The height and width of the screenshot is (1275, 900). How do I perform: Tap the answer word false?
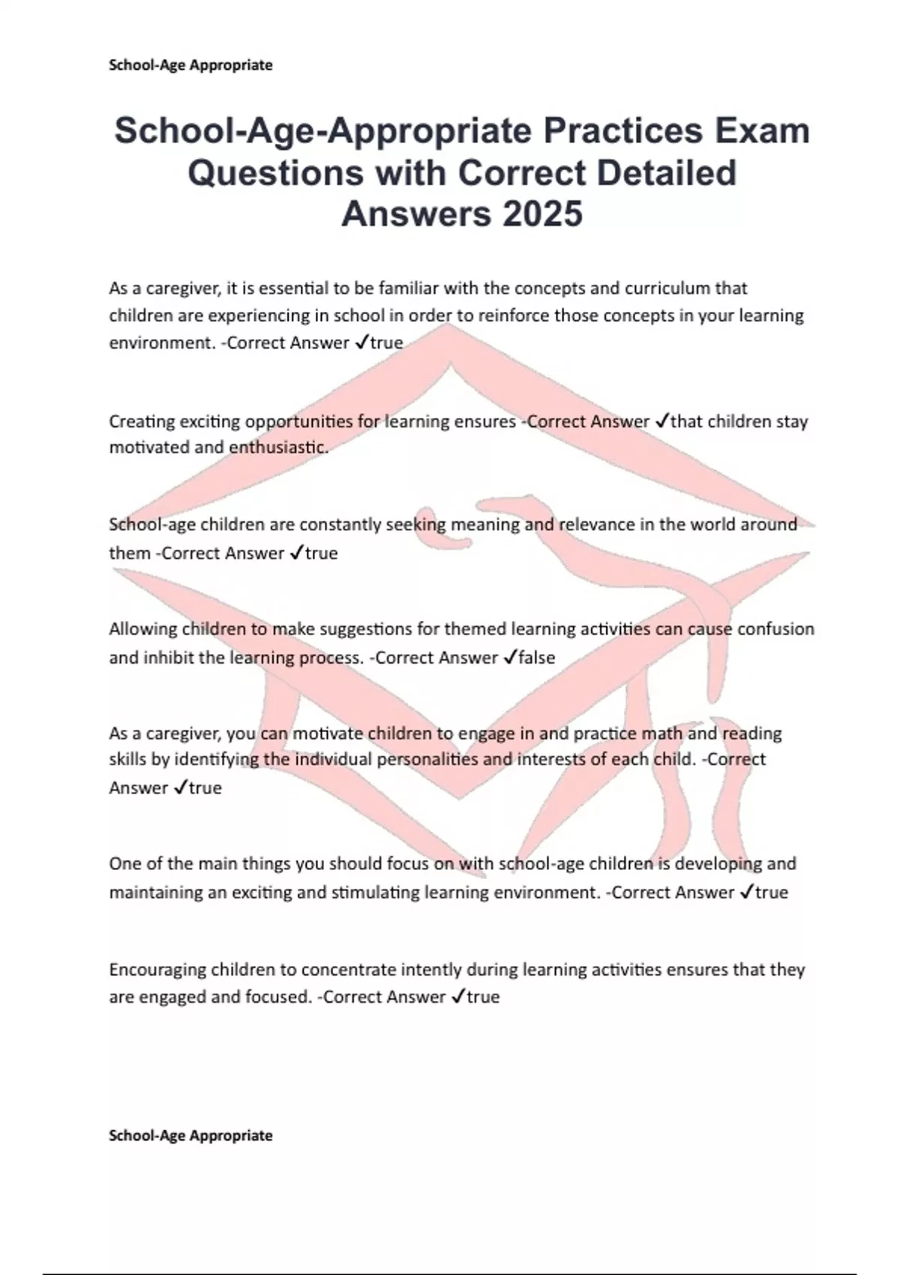537,658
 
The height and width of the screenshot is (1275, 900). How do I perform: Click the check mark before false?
509,658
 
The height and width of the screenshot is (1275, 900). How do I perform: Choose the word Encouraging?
157,970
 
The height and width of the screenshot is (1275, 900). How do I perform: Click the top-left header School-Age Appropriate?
190,65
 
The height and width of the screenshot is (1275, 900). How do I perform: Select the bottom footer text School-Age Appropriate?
190,1135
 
